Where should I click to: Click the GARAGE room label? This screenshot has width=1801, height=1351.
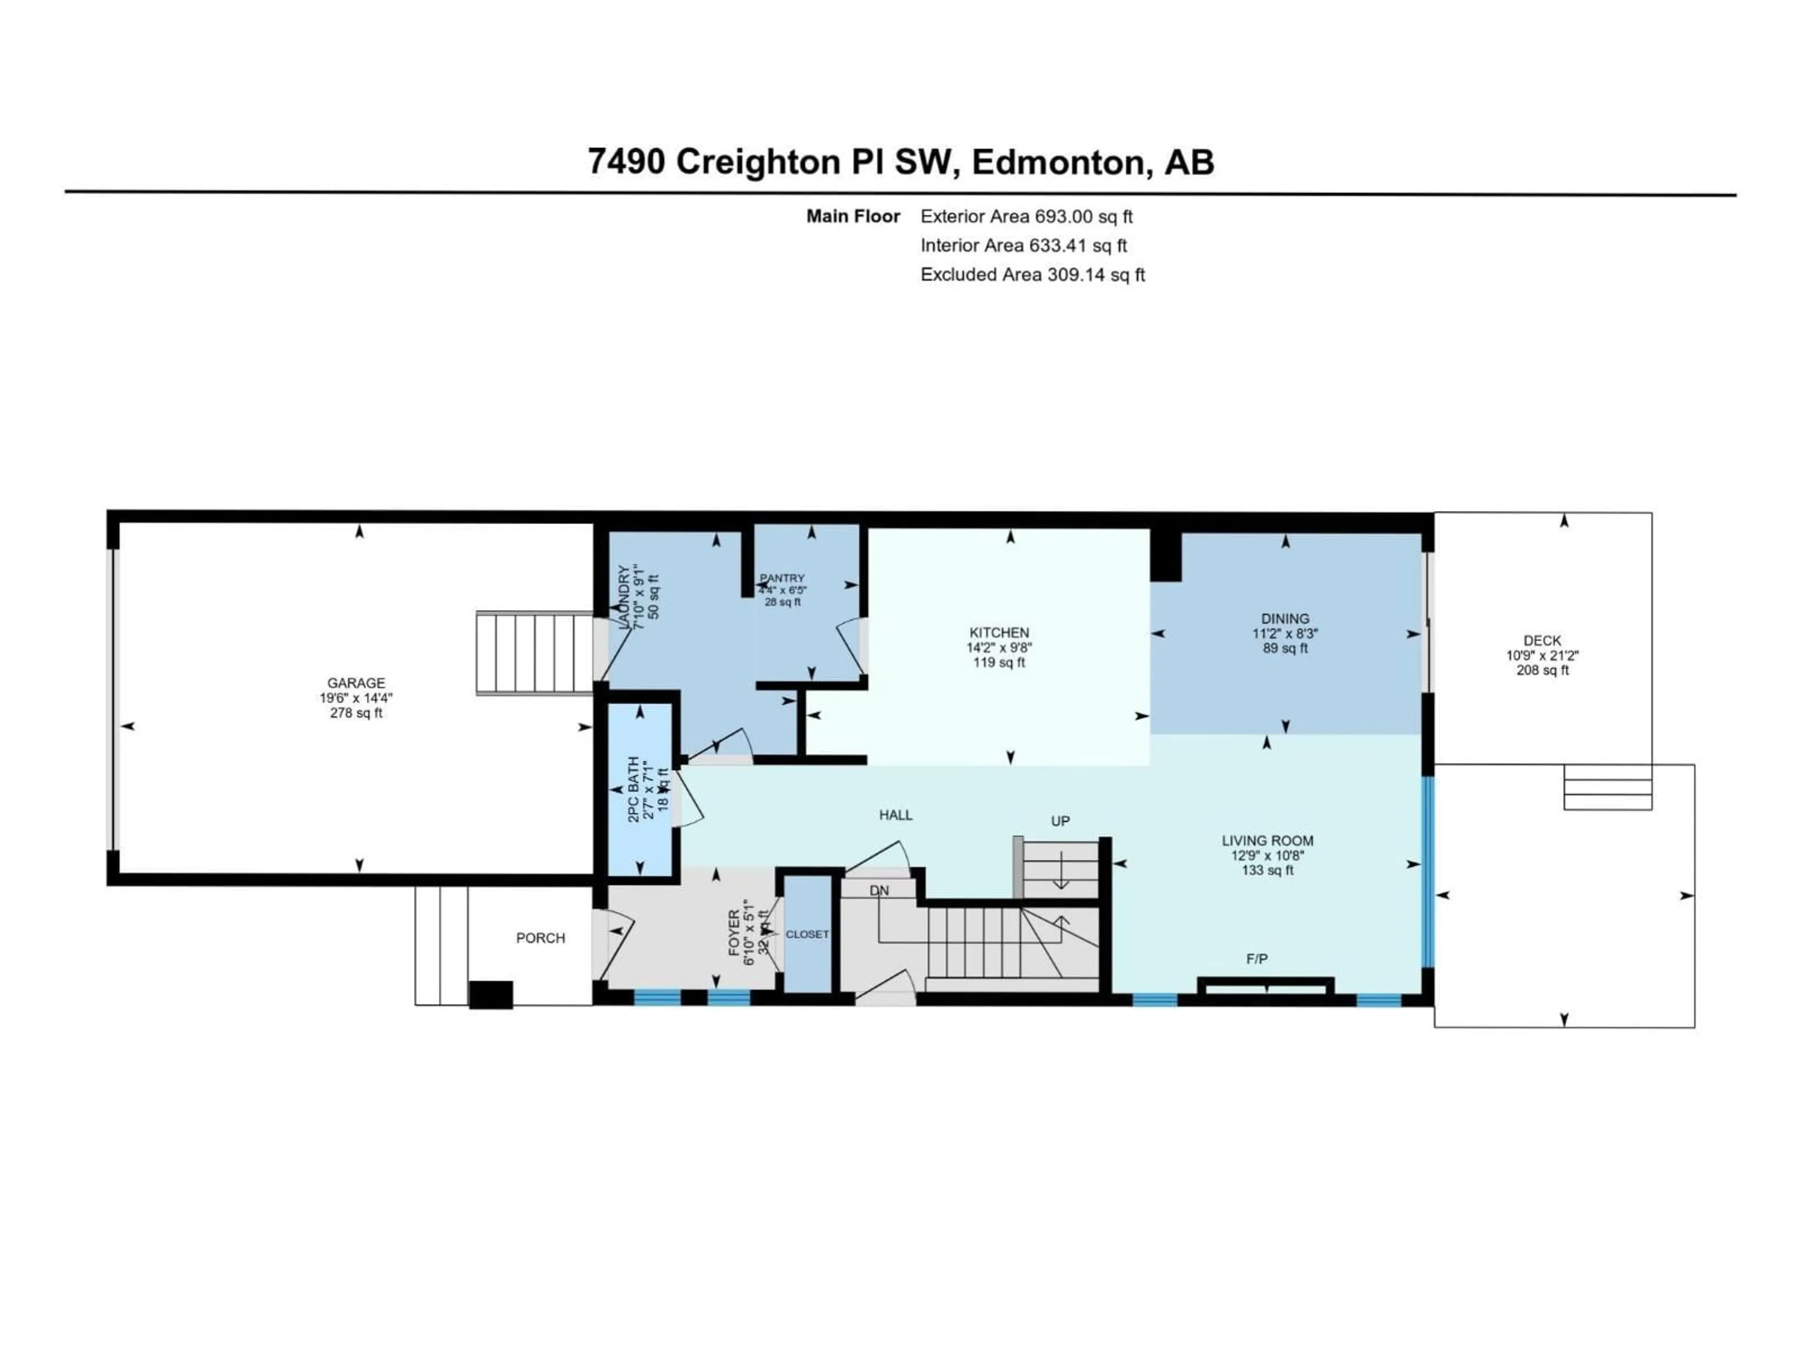click(x=356, y=683)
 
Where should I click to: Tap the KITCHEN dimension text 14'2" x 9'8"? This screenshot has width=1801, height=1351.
click(x=999, y=647)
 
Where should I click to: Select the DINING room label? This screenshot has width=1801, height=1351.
click(x=1285, y=619)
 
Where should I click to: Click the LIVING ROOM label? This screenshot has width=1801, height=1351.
click(x=1267, y=841)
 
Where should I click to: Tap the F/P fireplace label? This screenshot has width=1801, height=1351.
click(x=1256, y=959)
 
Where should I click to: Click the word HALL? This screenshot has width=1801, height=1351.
click(x=896, y=815)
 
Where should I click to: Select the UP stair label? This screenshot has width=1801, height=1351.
click(x=1060, y=821)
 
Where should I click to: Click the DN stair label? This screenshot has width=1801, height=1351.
click(x=879, y=891)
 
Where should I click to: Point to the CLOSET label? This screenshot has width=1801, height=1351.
click(x=807, y=934)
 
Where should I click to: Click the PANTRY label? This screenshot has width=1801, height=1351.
click(x=782, y=578)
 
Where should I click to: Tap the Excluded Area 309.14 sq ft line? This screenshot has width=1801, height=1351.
click(x=1032, y=274)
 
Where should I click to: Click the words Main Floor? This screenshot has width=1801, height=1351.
click(x=853, y=217)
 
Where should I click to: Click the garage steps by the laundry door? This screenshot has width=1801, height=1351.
click(x=534, y=653)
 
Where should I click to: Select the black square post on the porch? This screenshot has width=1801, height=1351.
click(x=491, y=994)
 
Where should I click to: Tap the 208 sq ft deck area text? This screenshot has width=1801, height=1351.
click(x=1542, y=670)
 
